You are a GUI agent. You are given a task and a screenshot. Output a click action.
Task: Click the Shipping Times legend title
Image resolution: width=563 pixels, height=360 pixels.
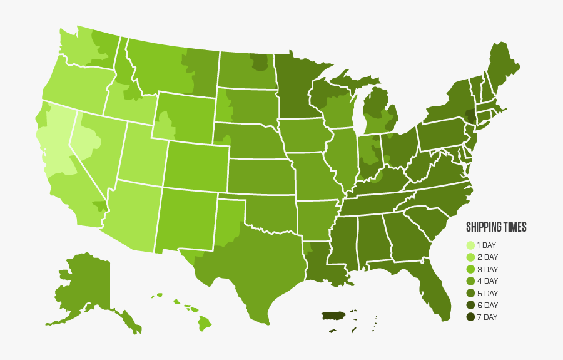pos(496,227)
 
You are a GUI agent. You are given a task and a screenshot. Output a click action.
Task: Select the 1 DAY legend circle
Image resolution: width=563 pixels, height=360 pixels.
pos(470,245)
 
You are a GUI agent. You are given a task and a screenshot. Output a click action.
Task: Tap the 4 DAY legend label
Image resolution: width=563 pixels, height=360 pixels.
pos(487,281)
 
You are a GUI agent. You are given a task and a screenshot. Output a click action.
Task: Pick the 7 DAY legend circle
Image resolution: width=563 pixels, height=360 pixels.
pos(470,317)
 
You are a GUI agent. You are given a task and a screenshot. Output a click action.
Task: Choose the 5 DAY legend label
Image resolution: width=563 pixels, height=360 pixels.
pos(487,293)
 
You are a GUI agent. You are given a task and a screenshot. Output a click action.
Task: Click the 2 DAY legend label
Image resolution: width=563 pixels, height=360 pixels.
pos(487,257)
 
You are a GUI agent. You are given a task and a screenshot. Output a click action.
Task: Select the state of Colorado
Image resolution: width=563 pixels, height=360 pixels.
pos(196,166)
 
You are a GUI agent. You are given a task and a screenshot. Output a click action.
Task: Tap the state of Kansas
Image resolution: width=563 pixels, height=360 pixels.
pos(260,177)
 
